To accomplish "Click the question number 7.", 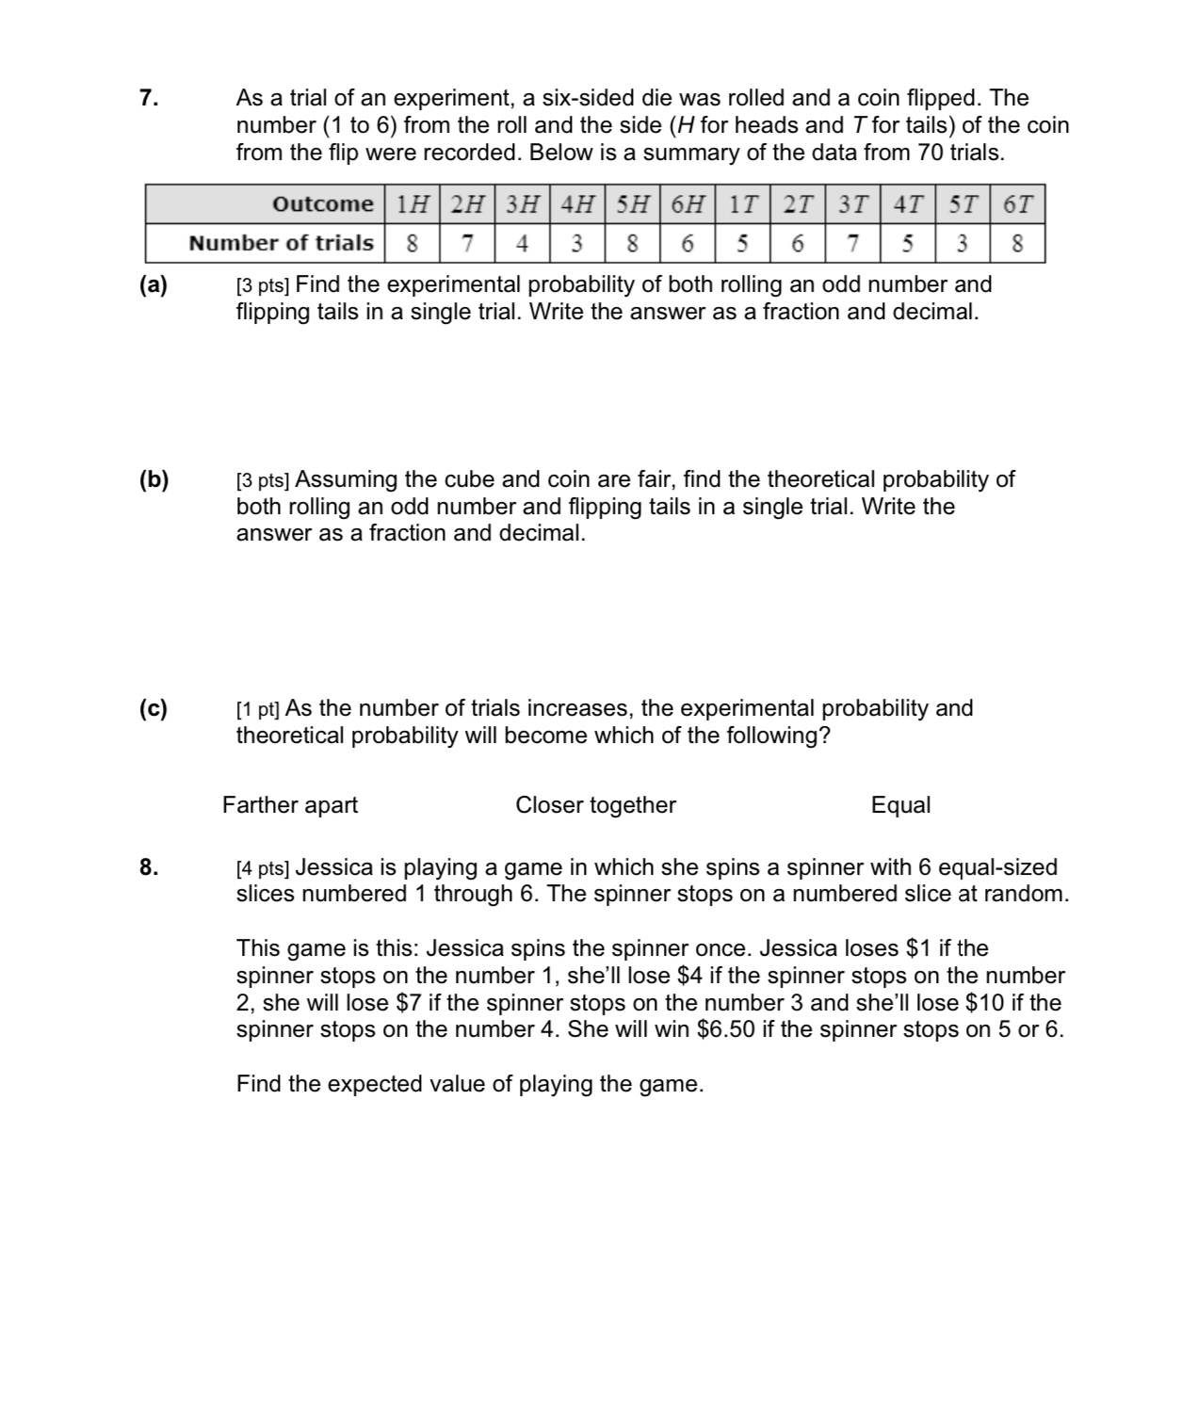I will coord(148,98).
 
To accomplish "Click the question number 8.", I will coord(148,867).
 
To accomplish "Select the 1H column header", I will coord(413,204).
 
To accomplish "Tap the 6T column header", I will coord(1017,204).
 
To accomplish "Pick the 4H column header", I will coord(576,204).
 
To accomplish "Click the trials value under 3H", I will coord(522,244).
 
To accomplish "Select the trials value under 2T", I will coord(797,244).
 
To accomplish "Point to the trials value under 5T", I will coord(962,244).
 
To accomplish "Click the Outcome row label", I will coord(322,204).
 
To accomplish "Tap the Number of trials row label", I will coord(281,243).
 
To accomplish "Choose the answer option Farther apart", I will coord(290,805).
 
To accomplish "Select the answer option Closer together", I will coord(595,805).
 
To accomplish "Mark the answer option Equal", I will coord(900,805).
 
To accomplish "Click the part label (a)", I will coord(154,285).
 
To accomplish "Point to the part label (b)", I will coord(154,480).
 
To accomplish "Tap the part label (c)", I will coord(154,709).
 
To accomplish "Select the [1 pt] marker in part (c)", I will coord(257,709).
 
